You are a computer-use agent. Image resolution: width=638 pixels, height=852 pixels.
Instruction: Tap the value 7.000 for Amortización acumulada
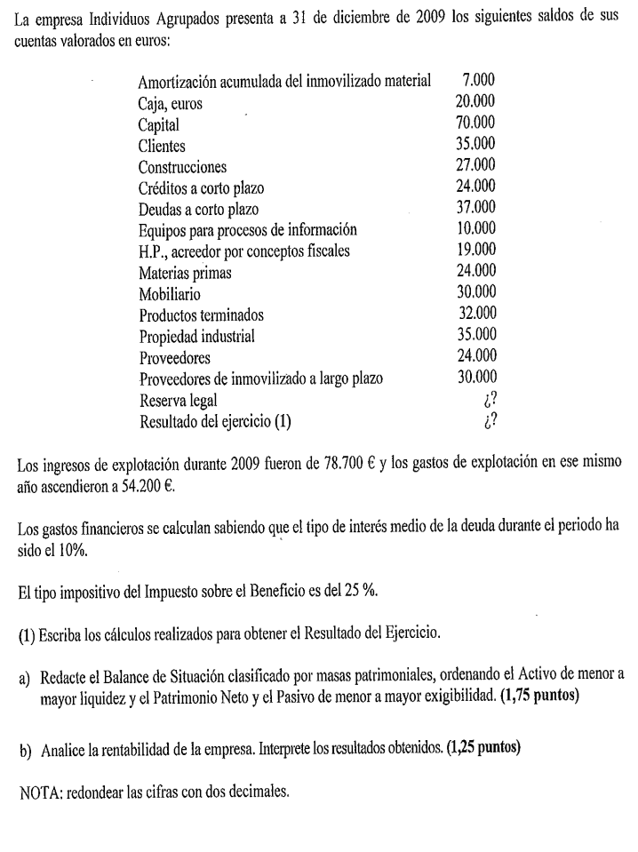click(479, 82)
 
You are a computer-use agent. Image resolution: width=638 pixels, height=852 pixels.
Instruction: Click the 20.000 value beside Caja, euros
click(475, 103)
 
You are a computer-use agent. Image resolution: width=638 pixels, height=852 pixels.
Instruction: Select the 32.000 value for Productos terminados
click(475, 314)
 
